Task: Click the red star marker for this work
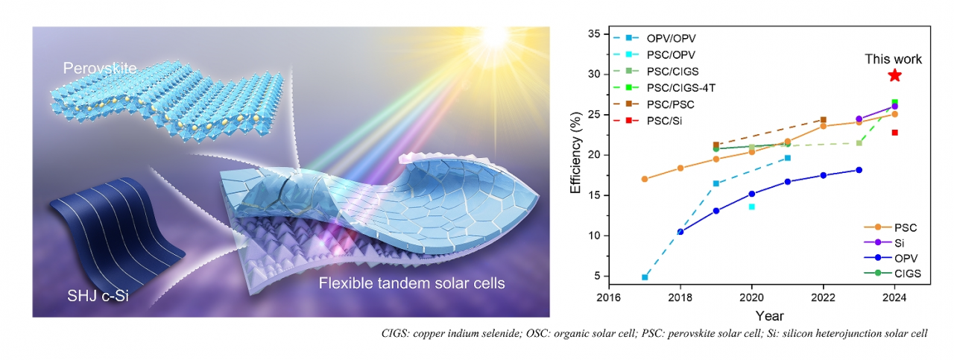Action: pos(894,75)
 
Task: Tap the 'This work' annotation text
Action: pos(893,59)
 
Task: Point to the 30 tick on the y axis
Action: pos(595,75)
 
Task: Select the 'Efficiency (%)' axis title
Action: pos(575,155)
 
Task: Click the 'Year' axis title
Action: pos(768,315)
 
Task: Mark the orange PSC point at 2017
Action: pos(645,179)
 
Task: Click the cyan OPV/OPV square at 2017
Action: pos(645,277)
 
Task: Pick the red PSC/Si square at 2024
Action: pos(894,133)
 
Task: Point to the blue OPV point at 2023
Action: pos(859,170)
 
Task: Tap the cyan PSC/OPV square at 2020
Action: pos(751,206)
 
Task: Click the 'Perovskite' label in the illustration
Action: pos(100,69)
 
